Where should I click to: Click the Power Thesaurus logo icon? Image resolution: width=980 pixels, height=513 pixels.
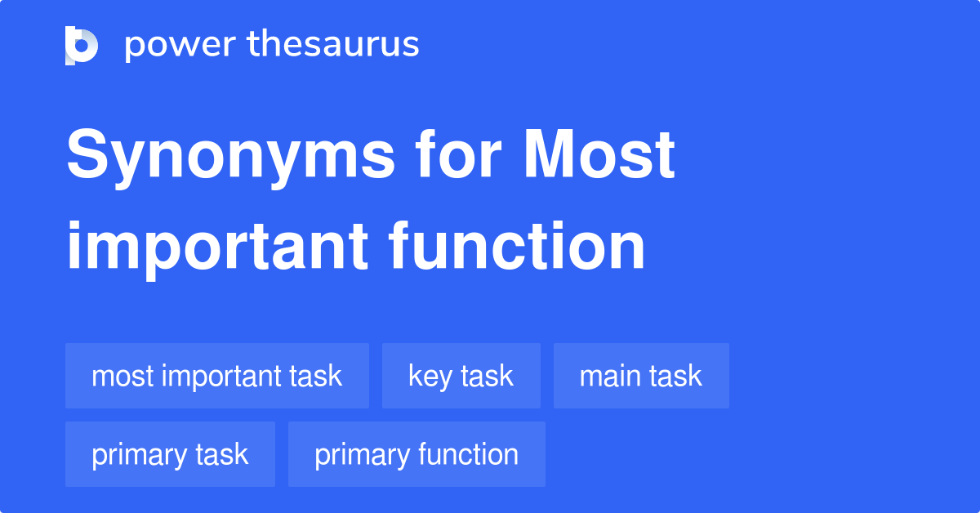pyautogui.click(x=82, y=45)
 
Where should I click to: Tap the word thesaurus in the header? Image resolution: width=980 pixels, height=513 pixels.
pyautogui.click(x=333, y=45)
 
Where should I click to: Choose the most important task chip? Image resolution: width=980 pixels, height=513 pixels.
pyautogui.click(x=217, y=376)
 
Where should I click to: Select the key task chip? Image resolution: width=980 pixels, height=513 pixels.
pyautogui.click(x=461, y=376)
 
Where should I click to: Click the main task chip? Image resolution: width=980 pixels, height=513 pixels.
pyautogui.click(x=641, y=376)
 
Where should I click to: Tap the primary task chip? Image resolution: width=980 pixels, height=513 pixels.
pyautogui.click(x=170, y=454)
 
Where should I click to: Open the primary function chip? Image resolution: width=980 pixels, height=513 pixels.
pyautogui.click(x=416, y=454)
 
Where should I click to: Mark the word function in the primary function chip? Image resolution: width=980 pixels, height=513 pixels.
pyautogui.click(x=471, y=454)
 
